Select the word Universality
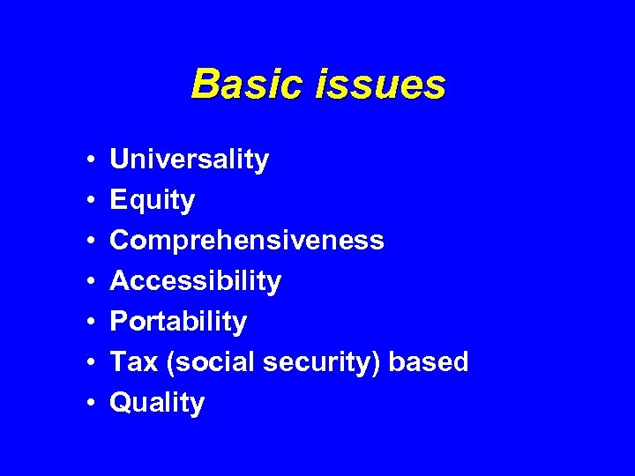point(189,160)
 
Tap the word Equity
point(152,201)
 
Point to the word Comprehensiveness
point(246,241)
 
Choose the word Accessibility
point(195,281)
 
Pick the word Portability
point(178,322)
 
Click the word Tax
point(131,362)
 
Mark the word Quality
point(157,403)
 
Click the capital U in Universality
point(118,160)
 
